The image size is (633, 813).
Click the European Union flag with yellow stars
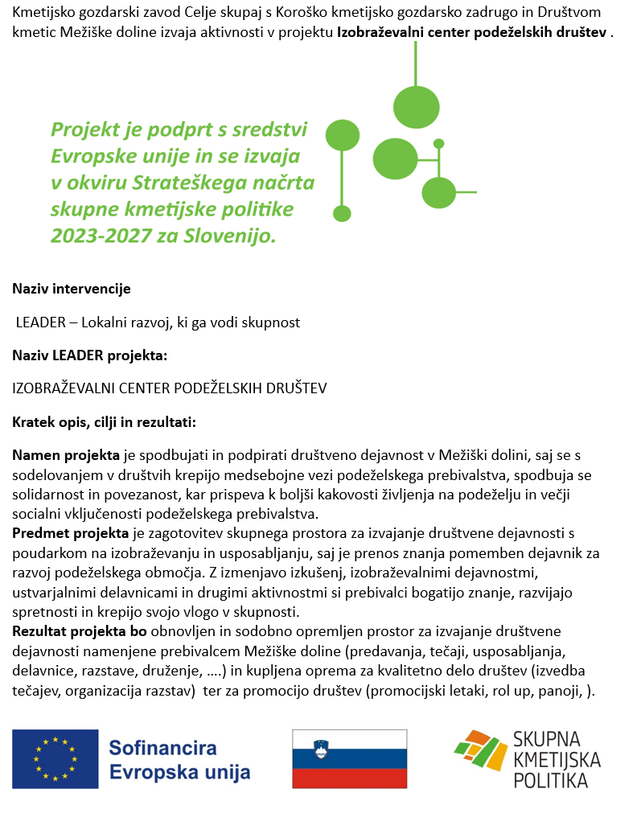[55, 758]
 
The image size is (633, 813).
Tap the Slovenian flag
[349, 758]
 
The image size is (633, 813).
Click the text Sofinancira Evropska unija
[179, 760]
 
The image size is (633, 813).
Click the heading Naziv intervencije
[71, 289]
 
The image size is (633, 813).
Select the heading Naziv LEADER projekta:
[89, 355]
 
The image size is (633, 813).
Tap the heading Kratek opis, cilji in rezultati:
[104, 421]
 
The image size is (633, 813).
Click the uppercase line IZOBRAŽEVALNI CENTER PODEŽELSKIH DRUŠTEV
[170, 388]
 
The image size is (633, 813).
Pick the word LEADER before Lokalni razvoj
[39, 322]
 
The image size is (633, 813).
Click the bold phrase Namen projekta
[66, 456]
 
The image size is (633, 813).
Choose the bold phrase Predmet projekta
[70, 532]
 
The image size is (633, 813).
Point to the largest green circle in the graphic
[417, 107]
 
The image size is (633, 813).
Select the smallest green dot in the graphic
[438, 144]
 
